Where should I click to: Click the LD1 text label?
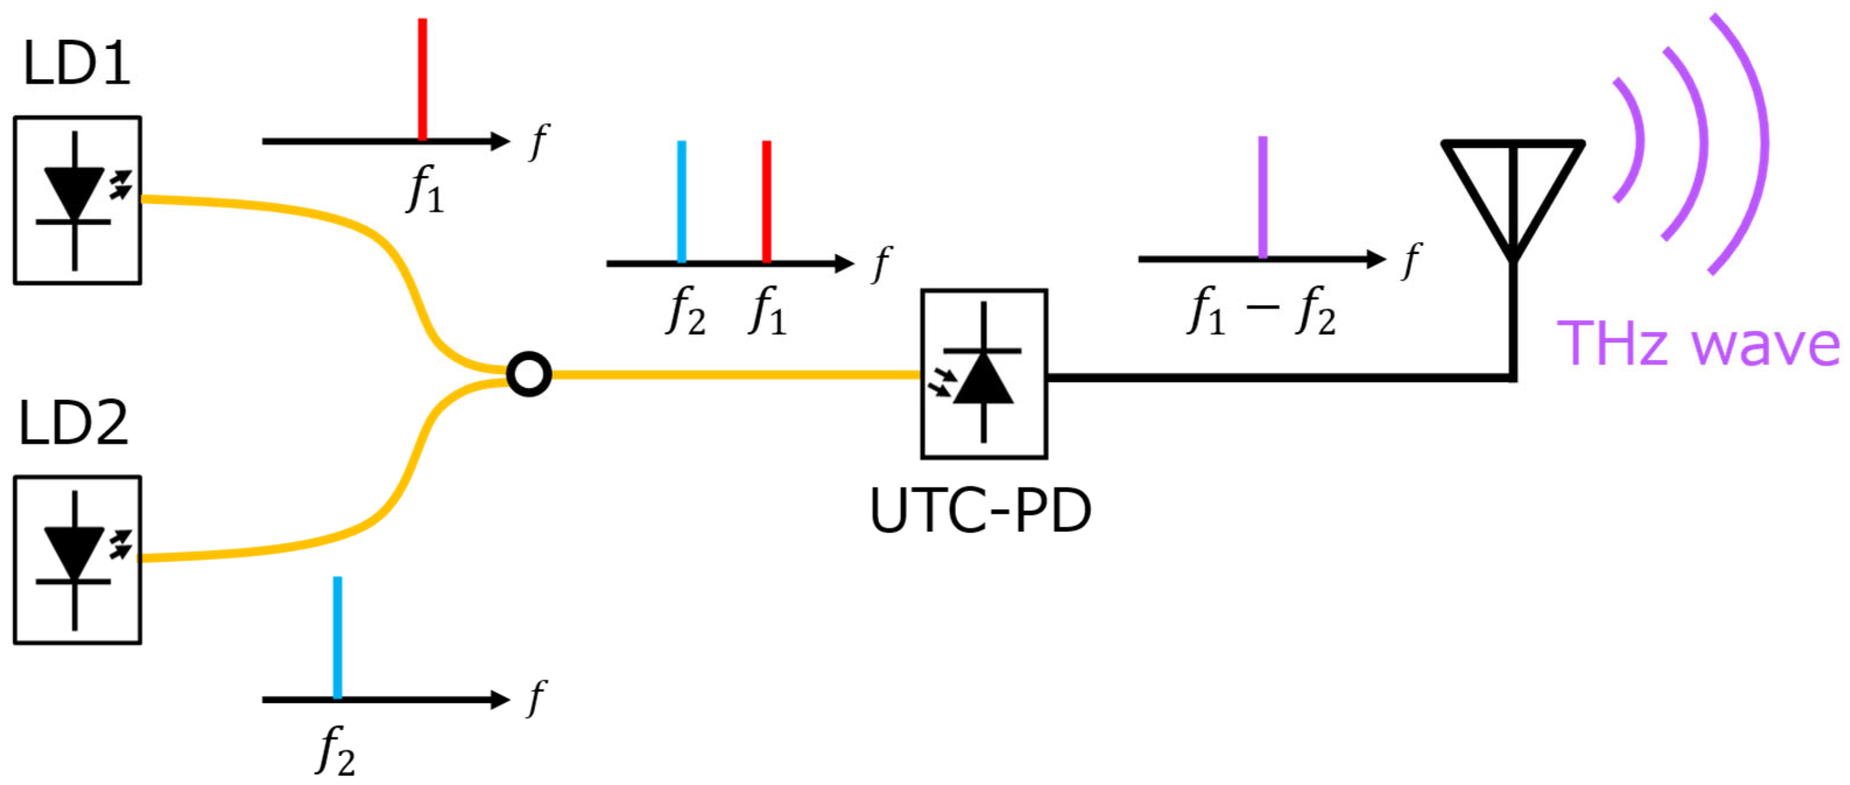click(x=77, y=64)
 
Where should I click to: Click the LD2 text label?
click(x=73, y=424)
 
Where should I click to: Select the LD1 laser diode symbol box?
click(x=77, y=200)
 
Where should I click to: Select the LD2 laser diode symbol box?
click(x=77, y=559)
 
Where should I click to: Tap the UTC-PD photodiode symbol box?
click(x=984, y=374)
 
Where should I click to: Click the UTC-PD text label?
click(x=980, y=511)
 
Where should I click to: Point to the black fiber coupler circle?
click(x=530, y=374)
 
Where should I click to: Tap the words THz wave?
click(x=1698, y=343)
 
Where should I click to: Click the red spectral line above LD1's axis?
click(x=422, y=79)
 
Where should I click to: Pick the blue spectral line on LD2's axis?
click(x=338, y=636)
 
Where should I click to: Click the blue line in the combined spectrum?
click(x=681, y=201)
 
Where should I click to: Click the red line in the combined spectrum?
click(x=766, y=201)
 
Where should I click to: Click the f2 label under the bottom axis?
click(x=336, y=750)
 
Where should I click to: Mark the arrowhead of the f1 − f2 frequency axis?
click(x=1376, y=258)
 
